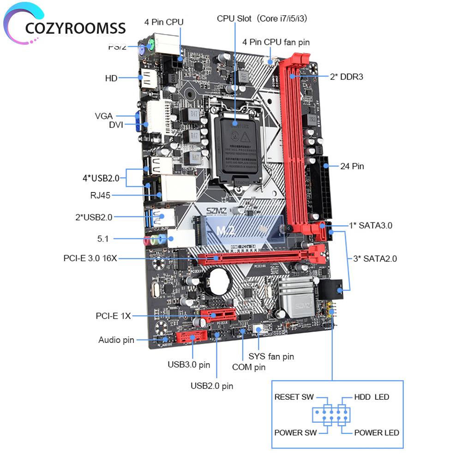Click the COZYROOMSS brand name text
click(76, 28)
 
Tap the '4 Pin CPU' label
click(164, 22)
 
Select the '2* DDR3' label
click(346, 77)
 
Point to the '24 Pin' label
click(352, 166)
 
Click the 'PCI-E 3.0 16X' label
click(90, 258)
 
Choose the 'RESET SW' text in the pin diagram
click(294, 397)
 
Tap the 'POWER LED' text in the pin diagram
click(377, 432)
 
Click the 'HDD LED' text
click(372, 397)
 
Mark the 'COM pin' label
click(249, 367)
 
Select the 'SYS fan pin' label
click(271, 356)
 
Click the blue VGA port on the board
click(138, 121)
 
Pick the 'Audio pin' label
click(116, 340)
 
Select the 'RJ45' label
click(100, 195)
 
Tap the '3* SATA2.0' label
click(375, 258)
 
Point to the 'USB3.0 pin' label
click(189, 365)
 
